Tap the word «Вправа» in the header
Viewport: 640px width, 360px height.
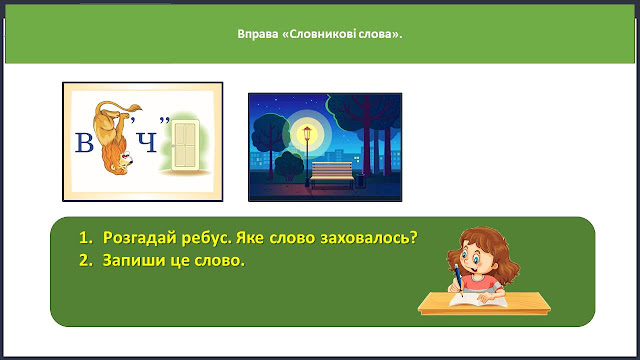(258, 34)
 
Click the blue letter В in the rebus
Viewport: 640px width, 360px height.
(84, 143)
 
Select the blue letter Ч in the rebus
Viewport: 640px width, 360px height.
(147, 143)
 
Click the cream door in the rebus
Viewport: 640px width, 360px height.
(185, 144)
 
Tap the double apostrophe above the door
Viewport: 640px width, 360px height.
(164, 120)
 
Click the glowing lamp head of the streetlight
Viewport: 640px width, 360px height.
(307, 132)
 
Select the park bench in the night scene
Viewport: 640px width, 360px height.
(332, 175)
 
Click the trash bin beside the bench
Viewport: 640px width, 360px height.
(360, 180)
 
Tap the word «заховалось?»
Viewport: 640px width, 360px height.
(369, 238)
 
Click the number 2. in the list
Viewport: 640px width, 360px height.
(86, 260)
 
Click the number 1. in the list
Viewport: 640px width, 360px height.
(86, 238)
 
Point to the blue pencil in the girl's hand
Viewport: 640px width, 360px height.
(459, 280)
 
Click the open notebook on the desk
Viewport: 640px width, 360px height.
(478, 300)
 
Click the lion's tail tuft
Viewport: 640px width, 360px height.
(135, 108)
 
